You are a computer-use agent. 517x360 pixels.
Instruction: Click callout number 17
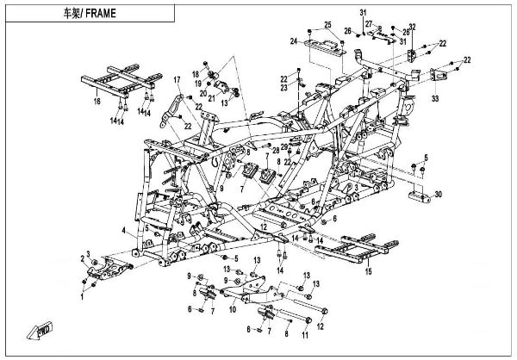(178, 81)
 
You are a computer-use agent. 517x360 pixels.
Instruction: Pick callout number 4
(124, 231)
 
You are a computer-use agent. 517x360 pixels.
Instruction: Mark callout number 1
(82, 295)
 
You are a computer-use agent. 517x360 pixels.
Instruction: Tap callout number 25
(327, 24)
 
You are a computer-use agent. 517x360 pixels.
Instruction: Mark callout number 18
(196, 75)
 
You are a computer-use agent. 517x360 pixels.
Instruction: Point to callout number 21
(212, 100)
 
